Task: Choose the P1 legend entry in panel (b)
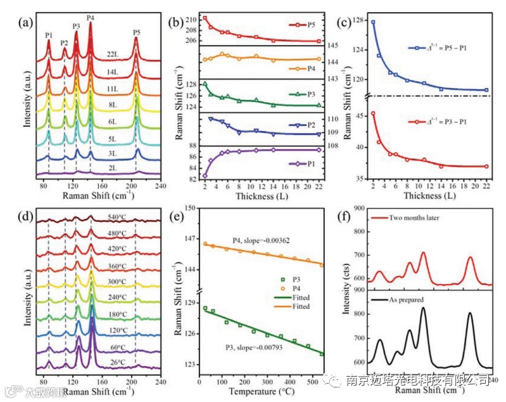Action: [x=312, y=164]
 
